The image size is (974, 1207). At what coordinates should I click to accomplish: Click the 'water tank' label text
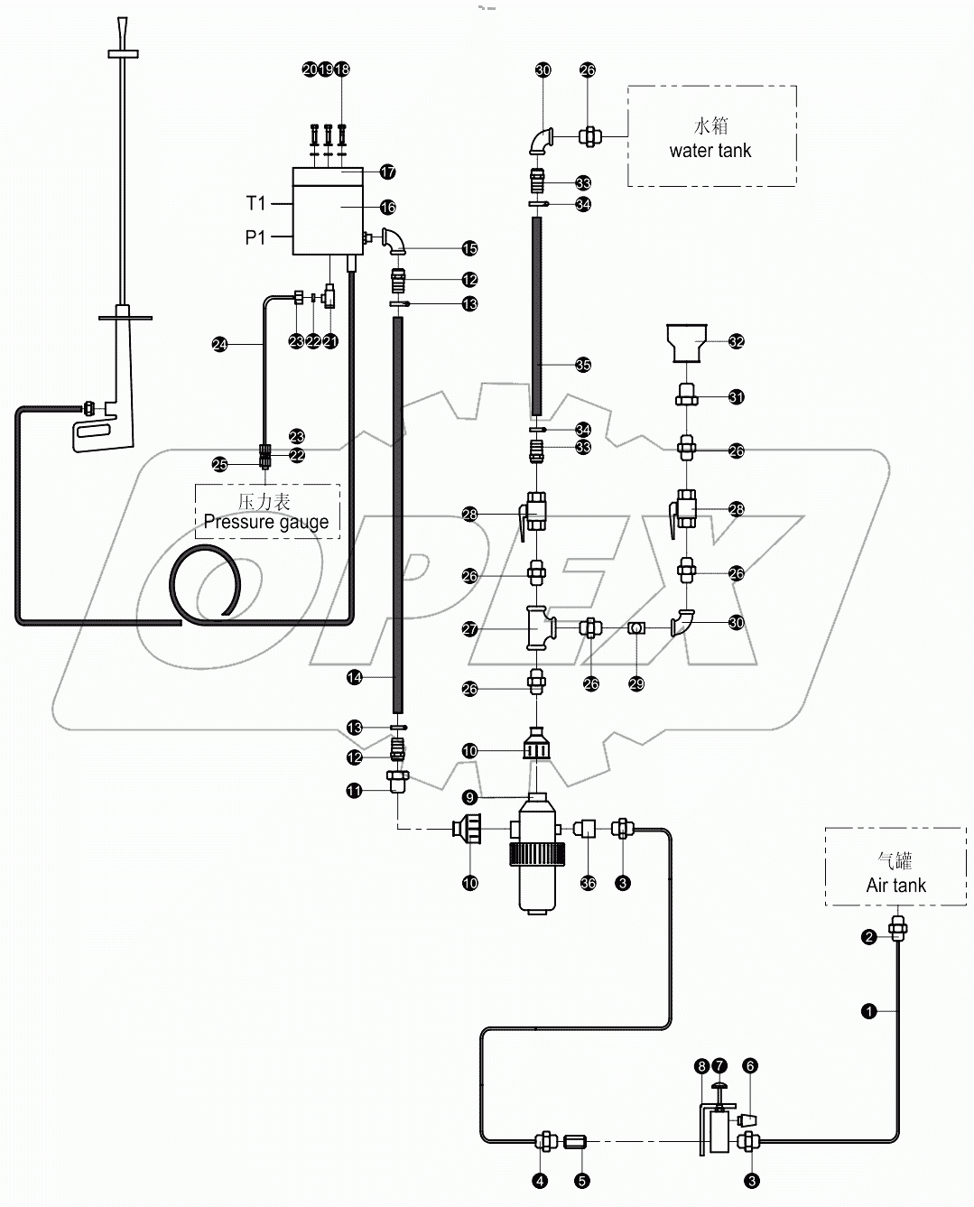710,151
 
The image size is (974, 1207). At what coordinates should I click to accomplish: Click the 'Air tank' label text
895,886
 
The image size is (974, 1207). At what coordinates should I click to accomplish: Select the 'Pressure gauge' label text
266,522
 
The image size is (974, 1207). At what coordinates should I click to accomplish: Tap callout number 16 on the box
387,208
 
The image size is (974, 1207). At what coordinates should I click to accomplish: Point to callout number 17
387,172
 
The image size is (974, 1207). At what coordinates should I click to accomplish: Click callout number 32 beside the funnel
737,341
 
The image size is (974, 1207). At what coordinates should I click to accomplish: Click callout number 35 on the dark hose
583,365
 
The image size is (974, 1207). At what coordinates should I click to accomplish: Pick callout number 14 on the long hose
355,676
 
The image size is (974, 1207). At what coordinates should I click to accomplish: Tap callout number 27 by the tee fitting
469,629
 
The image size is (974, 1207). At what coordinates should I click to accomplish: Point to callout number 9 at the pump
469,797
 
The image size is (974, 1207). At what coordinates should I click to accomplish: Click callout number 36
589,883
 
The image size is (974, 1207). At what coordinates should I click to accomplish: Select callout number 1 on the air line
869,1012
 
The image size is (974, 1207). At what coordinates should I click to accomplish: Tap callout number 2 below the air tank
869,937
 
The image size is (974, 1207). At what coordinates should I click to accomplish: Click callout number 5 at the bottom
582,1180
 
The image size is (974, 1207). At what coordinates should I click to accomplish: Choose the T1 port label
255,204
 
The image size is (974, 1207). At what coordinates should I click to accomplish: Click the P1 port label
255,238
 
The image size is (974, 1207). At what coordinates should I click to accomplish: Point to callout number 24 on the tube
219,344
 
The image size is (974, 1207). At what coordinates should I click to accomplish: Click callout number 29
636,684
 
